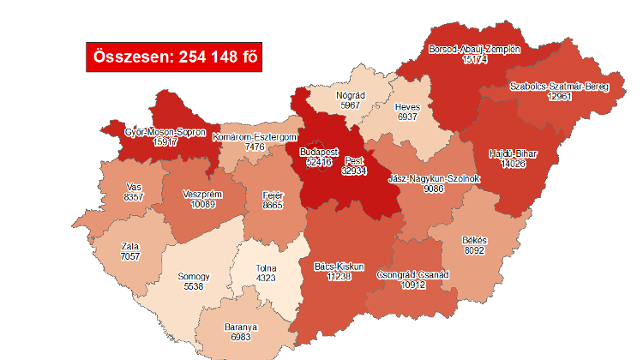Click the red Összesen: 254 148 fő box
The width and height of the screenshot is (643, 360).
tap(174, 57)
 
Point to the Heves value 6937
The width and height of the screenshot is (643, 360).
tap(407, 116)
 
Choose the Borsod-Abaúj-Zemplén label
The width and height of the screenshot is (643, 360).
tap(474, 50)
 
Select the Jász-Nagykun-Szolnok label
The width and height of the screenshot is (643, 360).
tap(434, 178)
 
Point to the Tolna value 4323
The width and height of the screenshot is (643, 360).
tap(267, 278)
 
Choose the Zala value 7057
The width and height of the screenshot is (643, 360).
tap(130, 256)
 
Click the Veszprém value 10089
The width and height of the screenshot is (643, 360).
tap(202, 204)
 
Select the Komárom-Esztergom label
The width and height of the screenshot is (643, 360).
tap(255, 137)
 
